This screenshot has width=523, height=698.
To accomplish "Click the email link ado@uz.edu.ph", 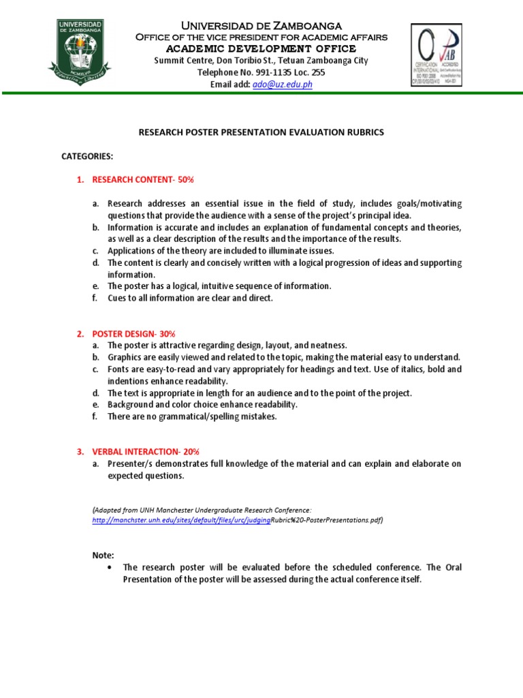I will point(282,84).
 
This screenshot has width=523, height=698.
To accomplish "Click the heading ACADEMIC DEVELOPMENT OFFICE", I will point(261,48).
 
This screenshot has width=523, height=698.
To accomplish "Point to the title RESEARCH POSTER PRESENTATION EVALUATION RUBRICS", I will point(261,132).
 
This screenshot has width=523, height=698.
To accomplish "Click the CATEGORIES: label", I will point(87,156).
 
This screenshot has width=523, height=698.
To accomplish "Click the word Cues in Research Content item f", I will point(118,298).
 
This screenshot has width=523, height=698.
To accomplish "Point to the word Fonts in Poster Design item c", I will point(118,369).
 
